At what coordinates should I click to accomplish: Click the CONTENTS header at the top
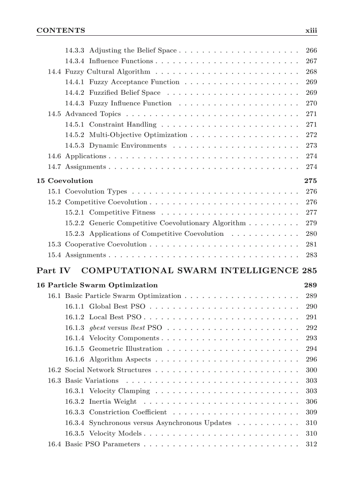[x=61, y=30]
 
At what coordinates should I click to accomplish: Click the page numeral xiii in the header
[x=311, y=30]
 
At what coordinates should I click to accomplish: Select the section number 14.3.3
[x=75, y=51]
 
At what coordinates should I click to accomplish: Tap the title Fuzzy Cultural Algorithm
[x=108, y=72]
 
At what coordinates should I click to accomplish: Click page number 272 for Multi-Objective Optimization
[x=311, y=135]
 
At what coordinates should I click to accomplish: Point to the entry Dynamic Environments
[x=128, y=145]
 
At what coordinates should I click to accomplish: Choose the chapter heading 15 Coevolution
[x=65, y=181]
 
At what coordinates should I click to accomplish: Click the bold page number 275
[x=311, y=181]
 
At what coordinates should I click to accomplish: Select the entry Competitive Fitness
[x=122, y=212]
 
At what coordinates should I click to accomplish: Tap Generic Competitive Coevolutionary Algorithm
[x=167, y=223]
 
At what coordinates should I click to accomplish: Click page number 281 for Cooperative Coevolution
[x=311, y=244]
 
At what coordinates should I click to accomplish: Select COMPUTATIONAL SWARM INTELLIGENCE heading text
[x=190, y=270]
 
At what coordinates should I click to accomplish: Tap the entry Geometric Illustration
[x=126, y=349]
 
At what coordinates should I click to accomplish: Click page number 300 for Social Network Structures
[x=311, y=370]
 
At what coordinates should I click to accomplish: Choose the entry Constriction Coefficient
[x=128, y=412]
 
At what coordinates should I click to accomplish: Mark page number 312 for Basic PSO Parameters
[x=311, y=444]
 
